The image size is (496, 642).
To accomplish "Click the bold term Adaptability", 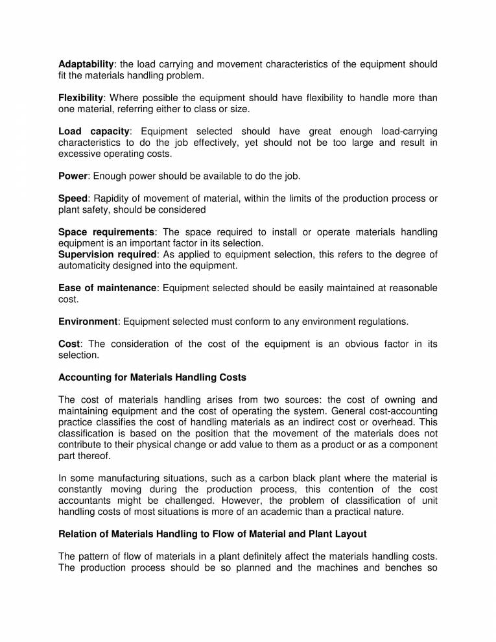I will tap(86, 64).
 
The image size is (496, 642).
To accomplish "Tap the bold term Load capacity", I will tap(94, 132).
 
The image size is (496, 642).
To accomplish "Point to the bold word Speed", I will tap(73, 198).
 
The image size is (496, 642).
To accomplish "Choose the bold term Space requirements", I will tap(107, 232).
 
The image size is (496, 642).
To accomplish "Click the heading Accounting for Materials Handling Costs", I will tap(152, 377).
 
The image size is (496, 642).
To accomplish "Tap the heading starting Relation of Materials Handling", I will tap(213, 534).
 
